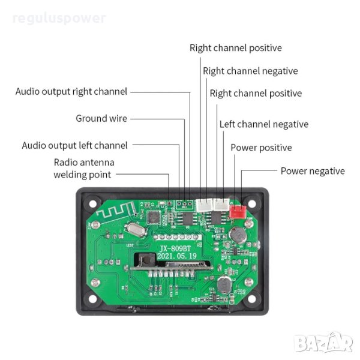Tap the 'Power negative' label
(313, 171)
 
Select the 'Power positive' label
(261, 148)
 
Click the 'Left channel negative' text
(263, 124)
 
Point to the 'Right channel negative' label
(250, 71)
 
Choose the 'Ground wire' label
(101, 118)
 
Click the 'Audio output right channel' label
(71, 92)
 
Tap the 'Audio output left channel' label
(75, 145)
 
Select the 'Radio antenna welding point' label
(83, 169)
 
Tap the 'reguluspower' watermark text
(58, 18)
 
